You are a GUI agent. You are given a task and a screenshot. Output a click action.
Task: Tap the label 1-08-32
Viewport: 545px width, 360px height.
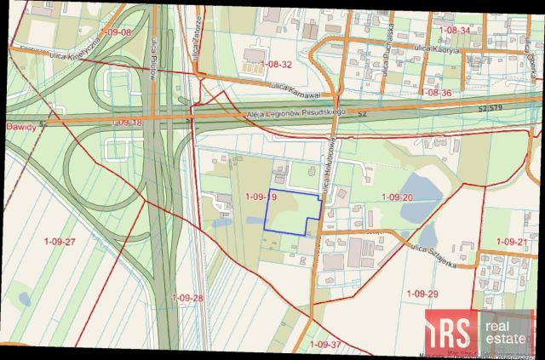(x=277, y=64)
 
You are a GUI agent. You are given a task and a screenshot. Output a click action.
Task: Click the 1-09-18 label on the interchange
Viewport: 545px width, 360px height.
(x=126, y=123)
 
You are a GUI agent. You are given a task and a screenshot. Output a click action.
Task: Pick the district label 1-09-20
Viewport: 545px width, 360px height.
(x=397, y=197)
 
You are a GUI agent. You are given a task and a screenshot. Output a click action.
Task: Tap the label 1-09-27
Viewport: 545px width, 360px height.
(x=60, y=242)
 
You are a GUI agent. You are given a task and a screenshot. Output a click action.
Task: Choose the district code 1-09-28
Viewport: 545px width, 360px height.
(x=187, y=297)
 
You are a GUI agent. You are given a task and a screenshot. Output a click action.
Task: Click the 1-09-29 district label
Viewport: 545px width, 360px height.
(x=422, y=293)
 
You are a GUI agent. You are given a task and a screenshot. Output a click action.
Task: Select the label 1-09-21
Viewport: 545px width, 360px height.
(x=512, y=242)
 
